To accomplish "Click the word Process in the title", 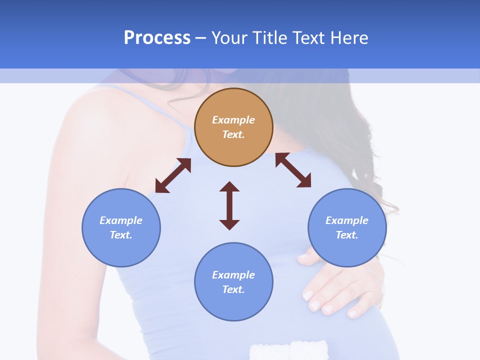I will coord(157,38).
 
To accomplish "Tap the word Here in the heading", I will coord(349,38).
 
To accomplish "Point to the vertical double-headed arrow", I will coord(229,206).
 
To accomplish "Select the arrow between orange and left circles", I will coord(173,175).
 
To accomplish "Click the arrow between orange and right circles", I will coord(293,170).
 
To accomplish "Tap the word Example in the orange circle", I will coord(233,120).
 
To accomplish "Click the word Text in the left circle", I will coord(120,235).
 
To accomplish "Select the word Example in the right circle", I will coord(347,220).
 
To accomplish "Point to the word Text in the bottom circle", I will coord(233,289).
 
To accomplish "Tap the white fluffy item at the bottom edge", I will coord(288,350).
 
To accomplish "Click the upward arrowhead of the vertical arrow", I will coord(229,186).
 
